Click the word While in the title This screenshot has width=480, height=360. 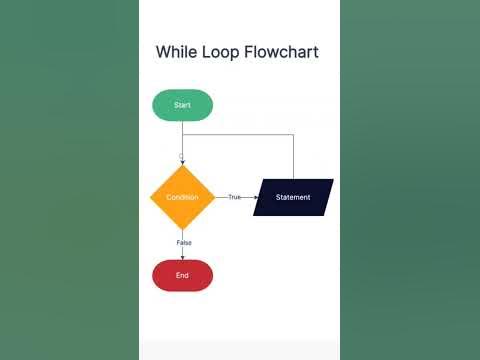pos(177,52)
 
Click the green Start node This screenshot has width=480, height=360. pos(182,105)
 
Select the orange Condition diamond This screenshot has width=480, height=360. pos(182,197)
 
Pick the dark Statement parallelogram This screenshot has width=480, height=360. pos(293,197)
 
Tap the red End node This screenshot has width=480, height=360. pos(182,275)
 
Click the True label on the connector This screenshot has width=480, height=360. pos(235,197)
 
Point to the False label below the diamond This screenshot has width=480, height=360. pos(184,243)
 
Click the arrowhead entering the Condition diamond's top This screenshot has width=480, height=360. pos(182,162)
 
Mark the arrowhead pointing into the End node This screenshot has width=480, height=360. pos(182,257)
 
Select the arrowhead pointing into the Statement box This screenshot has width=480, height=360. pos(257,197)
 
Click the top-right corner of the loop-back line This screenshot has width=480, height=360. pos(293,134)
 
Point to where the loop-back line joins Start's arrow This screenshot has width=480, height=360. pos(182,134)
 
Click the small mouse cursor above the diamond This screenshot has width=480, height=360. pos(180,156)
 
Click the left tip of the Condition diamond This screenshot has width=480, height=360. pos(150,197)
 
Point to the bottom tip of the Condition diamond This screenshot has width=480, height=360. pos(182,230)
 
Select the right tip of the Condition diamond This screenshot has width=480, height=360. pos(215,197)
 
